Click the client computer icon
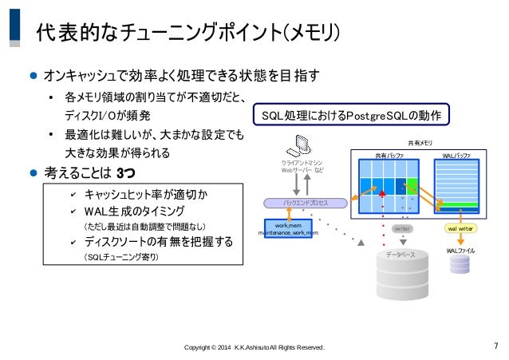coord(302,149)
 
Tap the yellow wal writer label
coord(460,228)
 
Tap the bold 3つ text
coord(126,172)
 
